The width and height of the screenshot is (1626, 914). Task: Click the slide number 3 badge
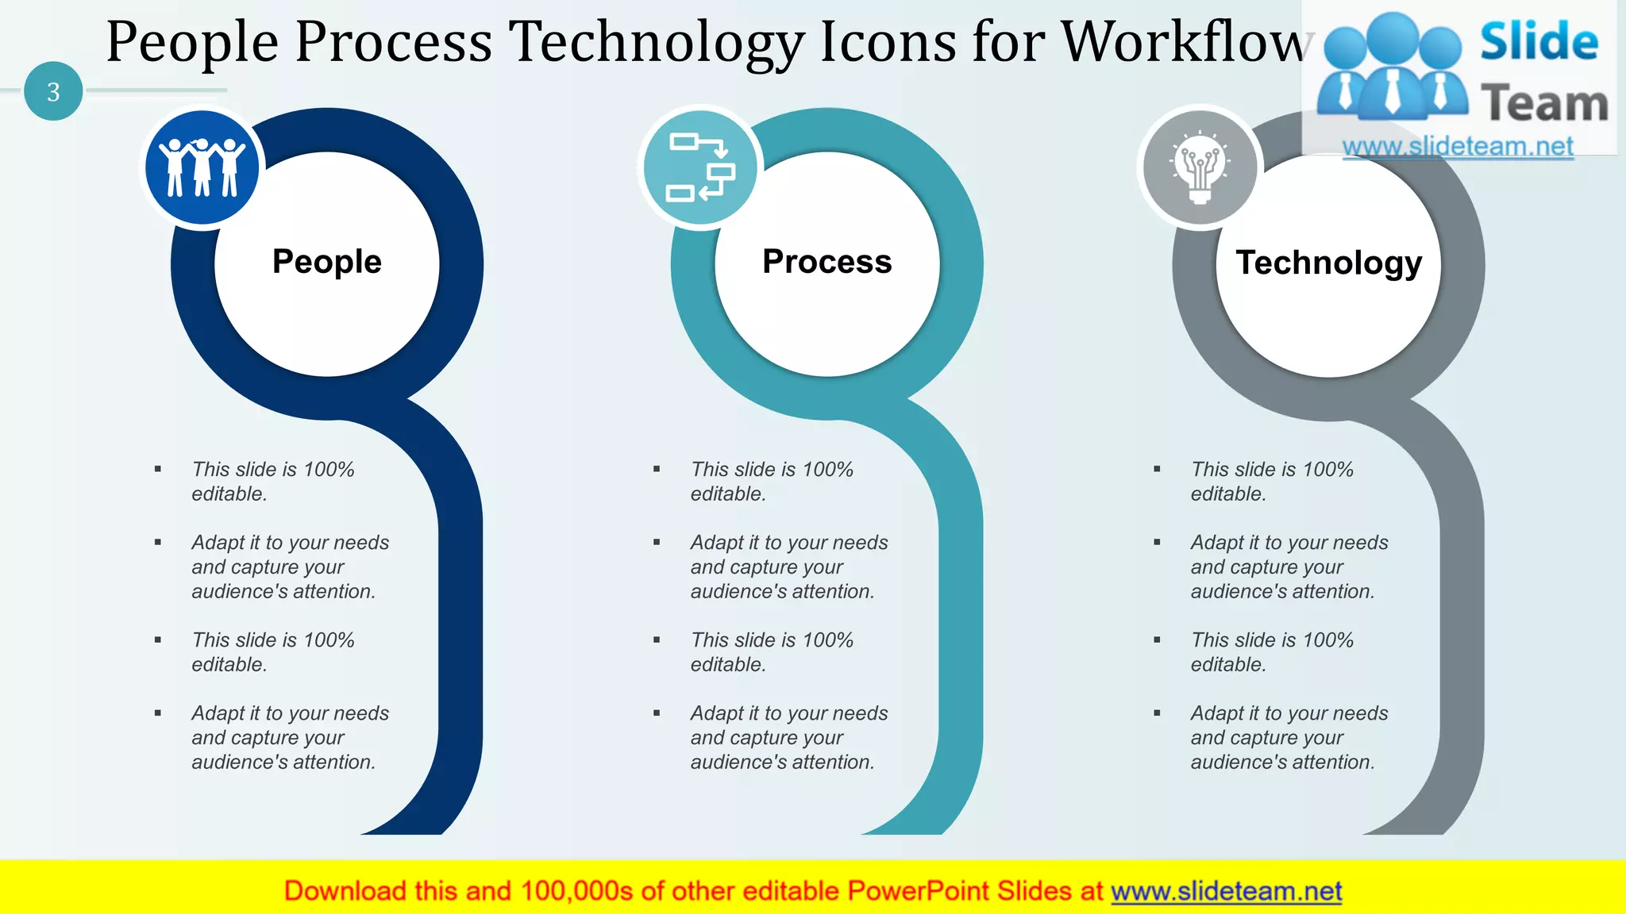pyautogui.click(x=53, y=92)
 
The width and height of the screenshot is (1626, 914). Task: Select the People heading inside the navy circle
pyautogui.click(x=326, y=262)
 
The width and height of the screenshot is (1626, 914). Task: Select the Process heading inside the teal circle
pyautogui.click(x=826, y=262)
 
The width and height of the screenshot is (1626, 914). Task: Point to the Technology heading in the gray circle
pyautogui.click(x=1328, y=263)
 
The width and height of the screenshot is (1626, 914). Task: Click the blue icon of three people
pyautogui.click(x=202, y=167)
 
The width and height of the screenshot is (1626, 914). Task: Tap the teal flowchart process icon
pyautogui.click(x=701, y=167)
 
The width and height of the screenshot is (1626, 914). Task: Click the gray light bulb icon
pyautogui.click(x=1200, y=167)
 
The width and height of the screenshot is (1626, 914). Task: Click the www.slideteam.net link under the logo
pyautogui.click(x=1458, y=147)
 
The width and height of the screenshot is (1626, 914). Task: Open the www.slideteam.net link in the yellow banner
pyautogui.click(x=1226, y=892)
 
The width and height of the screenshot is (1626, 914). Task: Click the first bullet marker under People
pyautogui.click(x=158, y=470)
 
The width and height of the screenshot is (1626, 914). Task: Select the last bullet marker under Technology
pyautogui.click(x=1157, y=713)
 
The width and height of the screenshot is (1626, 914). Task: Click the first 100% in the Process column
pyautogui.click(x=827, y=470)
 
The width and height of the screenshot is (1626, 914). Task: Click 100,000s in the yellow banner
pyautogui.click(x=576, y=892)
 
